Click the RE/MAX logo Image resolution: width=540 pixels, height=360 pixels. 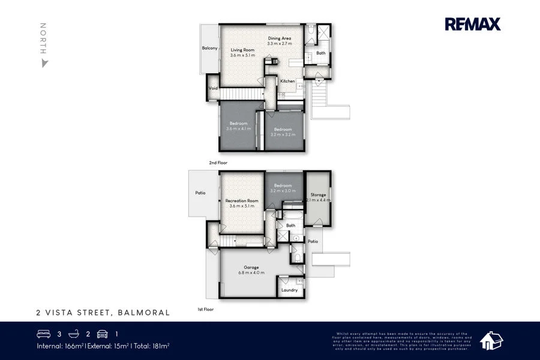tap(472, 24)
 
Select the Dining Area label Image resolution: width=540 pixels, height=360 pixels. tap(280, 38)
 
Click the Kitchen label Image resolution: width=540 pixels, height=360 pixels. tap(287, 81)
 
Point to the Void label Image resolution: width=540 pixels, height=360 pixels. tap(213, 88)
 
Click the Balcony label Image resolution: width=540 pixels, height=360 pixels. tap(209, 48)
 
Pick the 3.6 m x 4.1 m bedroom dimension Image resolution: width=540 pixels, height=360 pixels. tap(238, 129)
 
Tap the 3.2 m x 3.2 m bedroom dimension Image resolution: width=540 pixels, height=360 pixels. tap(283, 135)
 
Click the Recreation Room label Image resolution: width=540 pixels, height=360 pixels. tap(242, 200)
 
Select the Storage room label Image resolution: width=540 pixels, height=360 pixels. tap(318, 194)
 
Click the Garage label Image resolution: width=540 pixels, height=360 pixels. tap(251, 268)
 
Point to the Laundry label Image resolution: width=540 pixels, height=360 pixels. tap(289, 290)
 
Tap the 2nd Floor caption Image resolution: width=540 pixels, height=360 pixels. tap(218, 163)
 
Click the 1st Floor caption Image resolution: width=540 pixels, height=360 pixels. tap(206, 310)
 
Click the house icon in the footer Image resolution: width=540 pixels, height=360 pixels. tap(491, 340)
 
